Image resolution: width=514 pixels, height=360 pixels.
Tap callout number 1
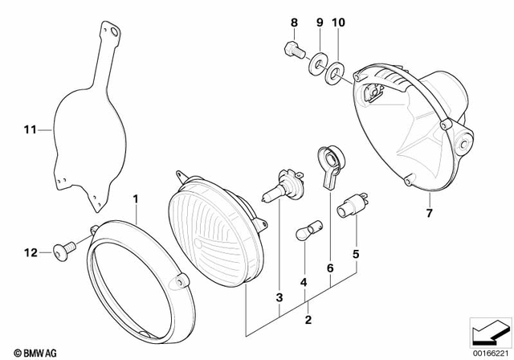[x=136, y=198]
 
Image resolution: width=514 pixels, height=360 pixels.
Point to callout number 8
[x=293, y=23]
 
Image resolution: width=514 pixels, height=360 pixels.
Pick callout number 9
[x=319, y=23]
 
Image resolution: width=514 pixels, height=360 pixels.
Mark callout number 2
[x=306, y=320]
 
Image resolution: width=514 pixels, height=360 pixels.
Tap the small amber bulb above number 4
[x=305, y=238]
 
